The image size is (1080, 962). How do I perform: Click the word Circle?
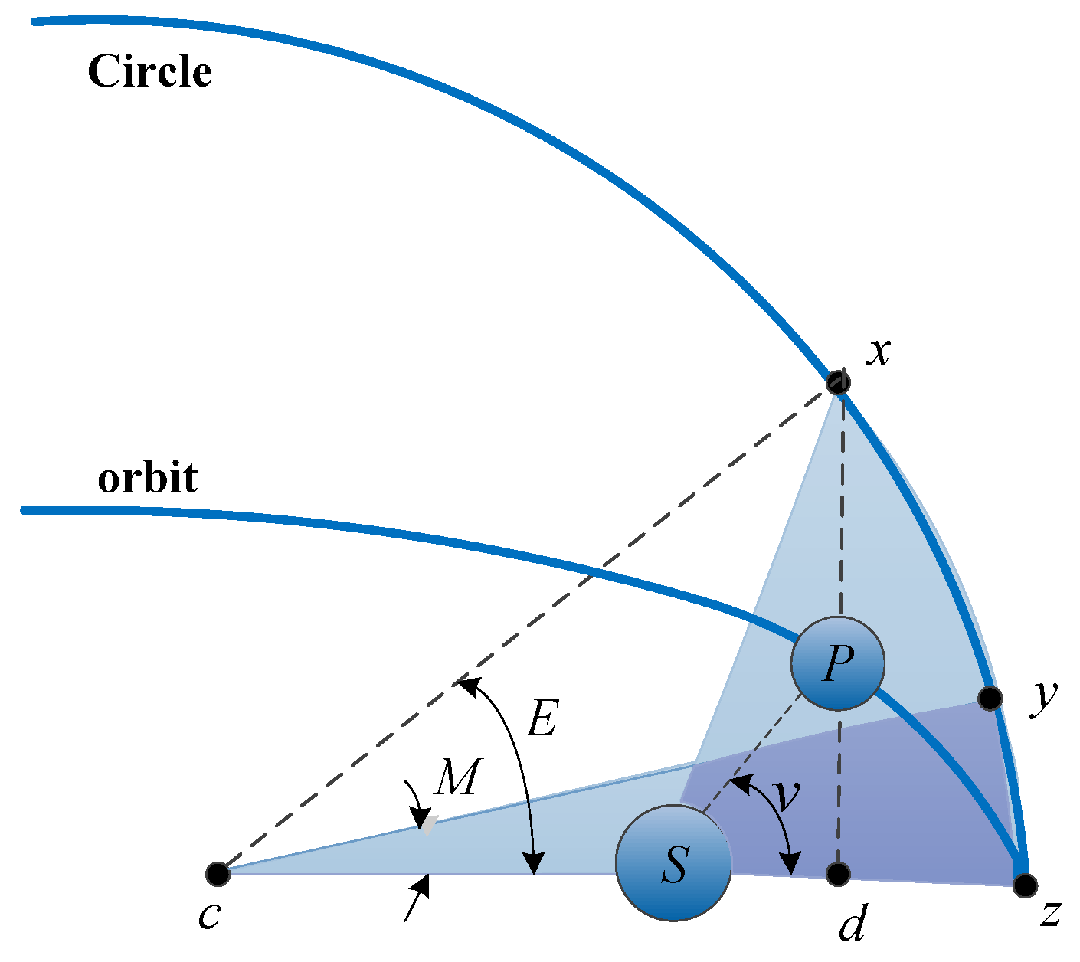pyautogui.click(x=149, y=72)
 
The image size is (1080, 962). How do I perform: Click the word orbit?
pyautogui.click(x=148, y=479)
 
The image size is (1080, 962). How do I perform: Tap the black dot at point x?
pyautogui.click(x=838, y=381)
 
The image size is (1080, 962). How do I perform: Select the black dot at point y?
pyautogui.click(x=990, y=698)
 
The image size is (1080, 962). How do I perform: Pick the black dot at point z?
pyautogui.click(x=1024, y=885)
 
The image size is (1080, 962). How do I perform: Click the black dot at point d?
pyautogui.click(x=839, y=873)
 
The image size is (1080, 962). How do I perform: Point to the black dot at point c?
pyautogui.click(x=218, y=873)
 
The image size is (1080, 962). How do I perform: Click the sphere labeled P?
pyautogui.click(x=837, y=663)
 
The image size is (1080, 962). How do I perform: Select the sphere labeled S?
pyautogui.click(x=673, y=862)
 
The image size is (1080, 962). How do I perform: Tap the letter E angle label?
pyautogui.click(x=541, y=720)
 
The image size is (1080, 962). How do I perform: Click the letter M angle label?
pyautogui.click(x=457, y=778)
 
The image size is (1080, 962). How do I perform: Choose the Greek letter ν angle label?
pyautogui.click(x=785, y=797)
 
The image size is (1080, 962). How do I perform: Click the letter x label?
pyautogui.click(x=879, y=352)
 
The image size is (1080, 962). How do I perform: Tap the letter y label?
pyautogui.click(x=1043, y=697)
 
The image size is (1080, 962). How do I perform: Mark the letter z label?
pyautogui.click(x=1050, y=913)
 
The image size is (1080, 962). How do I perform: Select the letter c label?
pyautogui.click(x=209, y=915)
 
